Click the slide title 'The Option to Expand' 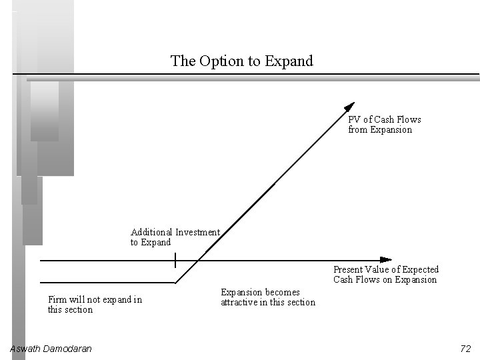241,61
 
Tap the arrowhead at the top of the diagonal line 350,106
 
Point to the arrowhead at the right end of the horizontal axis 386,259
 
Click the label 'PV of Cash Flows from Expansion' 384,125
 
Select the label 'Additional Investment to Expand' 175,237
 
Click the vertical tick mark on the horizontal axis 175,259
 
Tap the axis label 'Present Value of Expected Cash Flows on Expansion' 386,275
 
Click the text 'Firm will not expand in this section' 95,305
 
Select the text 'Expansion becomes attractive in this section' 267,297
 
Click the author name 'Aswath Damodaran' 51,349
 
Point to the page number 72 465,349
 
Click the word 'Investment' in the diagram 197,233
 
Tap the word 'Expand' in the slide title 289,61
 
